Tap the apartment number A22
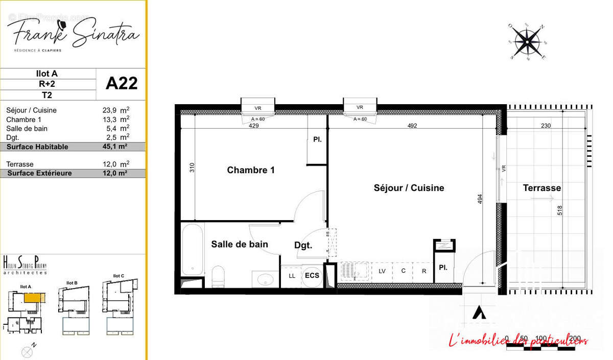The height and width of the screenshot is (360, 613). (x=122, y=83)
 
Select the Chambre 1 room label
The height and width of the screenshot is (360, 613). (x=251, y=170)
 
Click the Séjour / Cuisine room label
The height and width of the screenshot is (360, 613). (x=409, y=188)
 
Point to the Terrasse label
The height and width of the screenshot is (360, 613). (x=541, y=188)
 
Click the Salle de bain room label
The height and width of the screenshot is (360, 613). (x=239, y=245)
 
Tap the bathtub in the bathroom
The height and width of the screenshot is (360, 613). (x=193, y=249)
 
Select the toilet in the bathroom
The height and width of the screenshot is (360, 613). (x=218, y=276)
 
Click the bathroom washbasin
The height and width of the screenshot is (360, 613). (x=265, y=279)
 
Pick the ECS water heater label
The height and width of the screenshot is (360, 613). (x=312, y=275)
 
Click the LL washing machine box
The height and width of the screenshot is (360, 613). (x=292, y=276)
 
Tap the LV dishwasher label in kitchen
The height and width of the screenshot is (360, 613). (x=382, y=271)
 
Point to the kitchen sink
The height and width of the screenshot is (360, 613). (x=353, y=271)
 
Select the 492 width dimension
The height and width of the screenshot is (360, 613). (x=412, y=125)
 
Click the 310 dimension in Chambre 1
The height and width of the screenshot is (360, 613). (x=192, y=167)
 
